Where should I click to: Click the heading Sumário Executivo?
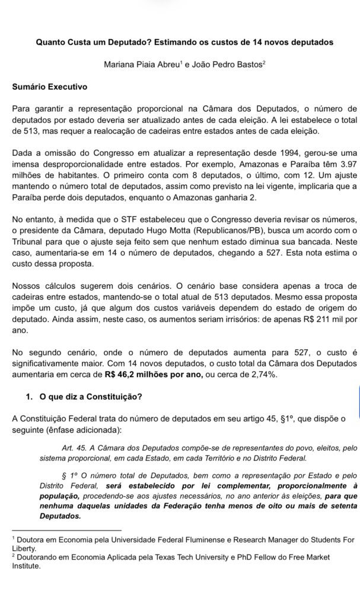pyautogui.click(x=50, y=87)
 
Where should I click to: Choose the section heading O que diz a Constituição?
pyautogui.click(x=91, y=397)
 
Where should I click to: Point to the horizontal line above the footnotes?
pyautogui.click(x=66, y=530)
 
